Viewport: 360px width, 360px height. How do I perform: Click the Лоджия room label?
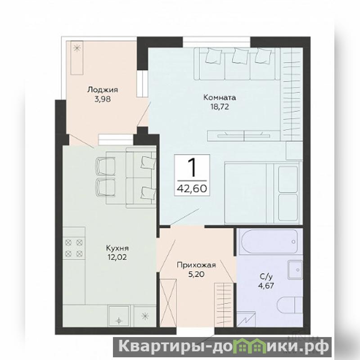103,90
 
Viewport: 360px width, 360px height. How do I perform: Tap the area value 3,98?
103,99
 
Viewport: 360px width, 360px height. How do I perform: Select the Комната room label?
220,98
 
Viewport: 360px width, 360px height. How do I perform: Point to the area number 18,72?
220,107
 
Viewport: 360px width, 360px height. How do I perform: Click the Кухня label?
117,248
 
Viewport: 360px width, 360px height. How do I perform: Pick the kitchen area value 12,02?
117,257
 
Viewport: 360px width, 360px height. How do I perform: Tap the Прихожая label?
196,265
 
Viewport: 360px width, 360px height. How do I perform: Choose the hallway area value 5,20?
196,274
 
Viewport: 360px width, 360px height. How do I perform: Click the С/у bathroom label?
266,277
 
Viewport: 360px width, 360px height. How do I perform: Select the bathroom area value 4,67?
266,286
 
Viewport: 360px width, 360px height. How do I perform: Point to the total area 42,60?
192,189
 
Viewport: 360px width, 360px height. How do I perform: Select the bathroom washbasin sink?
295,270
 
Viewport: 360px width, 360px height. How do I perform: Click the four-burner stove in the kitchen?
74,248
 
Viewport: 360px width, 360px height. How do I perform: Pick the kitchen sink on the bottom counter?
119,316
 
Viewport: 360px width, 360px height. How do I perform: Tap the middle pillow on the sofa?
240,56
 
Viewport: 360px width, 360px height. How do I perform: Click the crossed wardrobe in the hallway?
168,302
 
